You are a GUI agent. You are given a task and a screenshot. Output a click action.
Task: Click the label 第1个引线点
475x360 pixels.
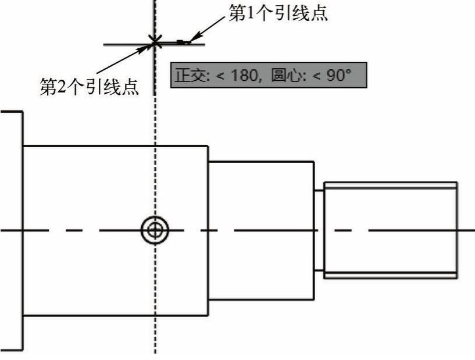point(278,13)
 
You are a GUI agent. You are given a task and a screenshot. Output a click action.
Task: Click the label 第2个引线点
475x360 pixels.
point(88,87)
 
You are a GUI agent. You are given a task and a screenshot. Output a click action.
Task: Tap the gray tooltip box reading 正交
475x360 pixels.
point(268,75)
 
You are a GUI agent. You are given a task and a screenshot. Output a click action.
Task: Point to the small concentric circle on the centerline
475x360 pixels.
point(155,230)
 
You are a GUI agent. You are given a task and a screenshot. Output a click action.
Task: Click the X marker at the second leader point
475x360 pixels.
point(155,41)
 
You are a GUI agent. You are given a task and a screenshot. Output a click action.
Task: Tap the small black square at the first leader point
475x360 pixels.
point(181,42)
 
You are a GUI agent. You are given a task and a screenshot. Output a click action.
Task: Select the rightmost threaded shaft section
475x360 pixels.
point(390,230)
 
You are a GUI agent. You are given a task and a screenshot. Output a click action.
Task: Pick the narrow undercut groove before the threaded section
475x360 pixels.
point(319,230)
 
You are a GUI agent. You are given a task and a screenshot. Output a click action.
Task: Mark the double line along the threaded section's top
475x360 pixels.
point(390,184)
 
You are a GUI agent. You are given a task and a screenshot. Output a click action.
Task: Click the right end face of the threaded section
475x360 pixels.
point(457,230)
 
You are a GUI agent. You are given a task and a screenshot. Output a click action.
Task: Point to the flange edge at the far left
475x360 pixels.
point(22,230)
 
